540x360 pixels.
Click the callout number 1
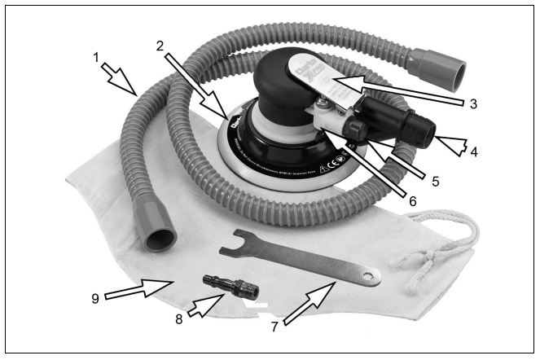pos(96,59)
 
